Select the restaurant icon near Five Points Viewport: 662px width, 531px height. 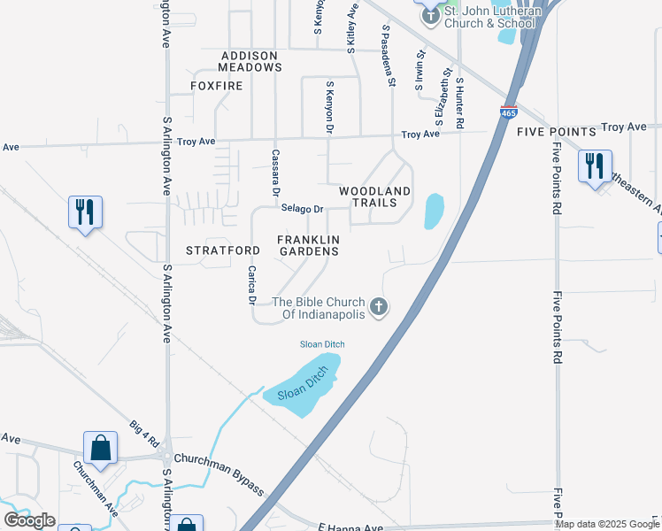pyautogui.click(x=593, y=165)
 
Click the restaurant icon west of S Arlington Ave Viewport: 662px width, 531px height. pyautogui.click(x=86, y=212)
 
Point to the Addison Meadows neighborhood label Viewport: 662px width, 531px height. pyautogui.click(x=251, y=61)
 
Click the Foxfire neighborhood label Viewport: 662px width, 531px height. pyautogui.click(x=215, y=86)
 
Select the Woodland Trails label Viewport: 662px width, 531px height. pyautogui.click(x=375, y=196)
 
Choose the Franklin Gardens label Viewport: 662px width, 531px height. pyautogui.click(x=308, y=245)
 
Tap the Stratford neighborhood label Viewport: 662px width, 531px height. pyautogui.click(x=223, y=250)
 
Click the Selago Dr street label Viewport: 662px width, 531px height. pyautogui.click(x=303, y=209)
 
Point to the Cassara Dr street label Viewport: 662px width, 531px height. pyautogui.click(x=275, y=175)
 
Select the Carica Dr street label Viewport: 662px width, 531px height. pyautogui.click(x=252, y=285)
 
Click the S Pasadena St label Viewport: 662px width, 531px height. pyautogui.click(x=388, y=56)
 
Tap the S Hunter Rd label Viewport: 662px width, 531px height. pyautogui.click(x=459, y=103)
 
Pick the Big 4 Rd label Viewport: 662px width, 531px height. pyautogui.click(x=143, y=435)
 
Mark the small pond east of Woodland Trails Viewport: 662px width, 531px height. pyautogui.click(x=434, y=212)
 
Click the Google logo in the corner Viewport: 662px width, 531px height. pyautogui.click(x=29, y=520)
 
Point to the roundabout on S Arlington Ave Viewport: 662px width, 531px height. pyautogui.click(x=167, y=456)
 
